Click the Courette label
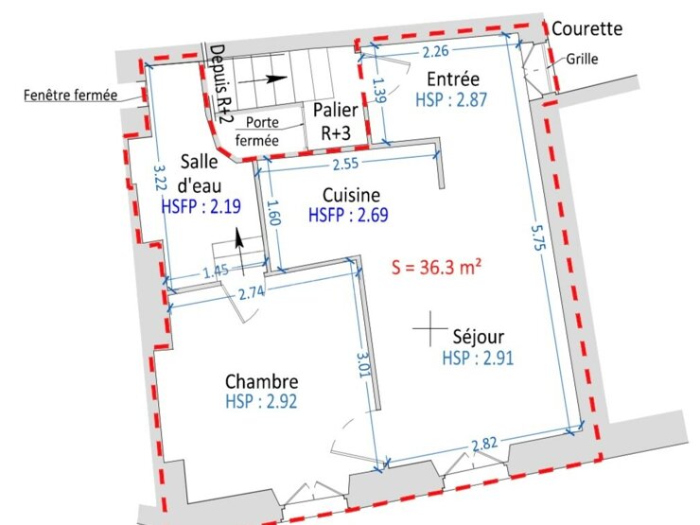click(587, 28)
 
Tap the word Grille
click(582, 59)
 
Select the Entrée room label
click(453, 79)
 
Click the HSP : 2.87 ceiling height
click(451, 99)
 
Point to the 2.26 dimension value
click(435, 52)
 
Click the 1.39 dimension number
click(378, 91)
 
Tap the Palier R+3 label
click(335, 121)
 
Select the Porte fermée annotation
click(257, 131)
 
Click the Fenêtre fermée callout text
click(71, 96)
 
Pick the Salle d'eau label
click(199, 174)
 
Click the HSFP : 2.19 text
click(201, 206)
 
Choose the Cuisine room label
click(351, 195)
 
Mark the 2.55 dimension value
click(345, 164)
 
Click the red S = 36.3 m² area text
click(437, 267)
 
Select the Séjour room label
click(478, 337)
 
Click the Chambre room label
click(262, 382)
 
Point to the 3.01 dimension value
click(363, 365)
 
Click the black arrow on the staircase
click(263, 79)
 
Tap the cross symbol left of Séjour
click(429, 328)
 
